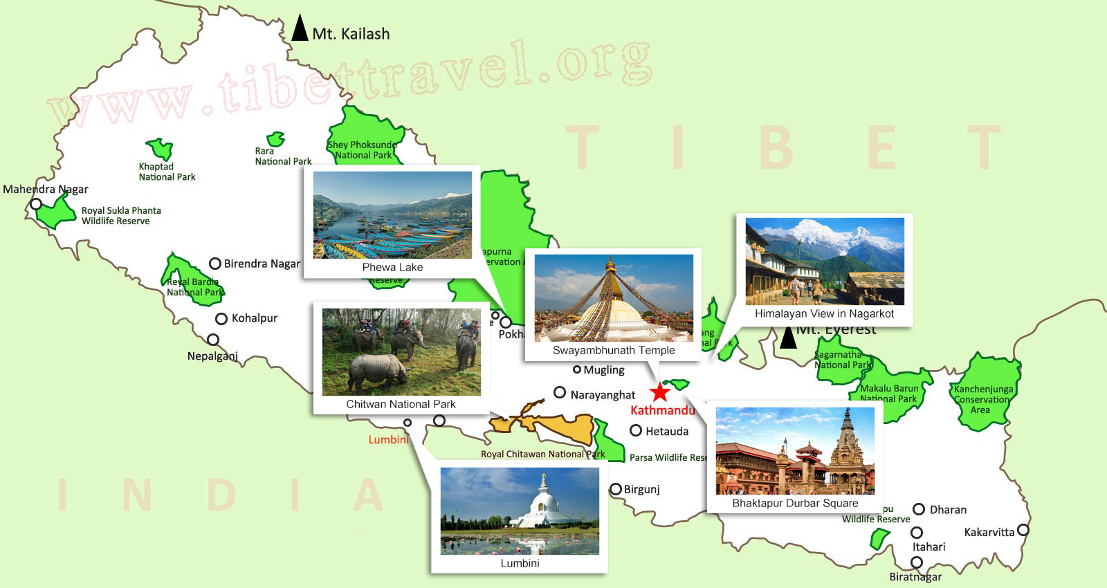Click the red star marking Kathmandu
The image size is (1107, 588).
660,392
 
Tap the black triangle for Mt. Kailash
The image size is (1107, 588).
300,30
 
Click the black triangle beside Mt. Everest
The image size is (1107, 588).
788,338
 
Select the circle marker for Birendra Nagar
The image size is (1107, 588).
215,264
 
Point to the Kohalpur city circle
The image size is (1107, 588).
221,319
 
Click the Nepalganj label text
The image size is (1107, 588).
212,356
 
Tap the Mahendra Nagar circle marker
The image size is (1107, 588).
36,204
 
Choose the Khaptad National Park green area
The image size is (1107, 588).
160,148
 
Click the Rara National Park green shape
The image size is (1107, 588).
276,139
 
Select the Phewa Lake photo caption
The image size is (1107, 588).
392,267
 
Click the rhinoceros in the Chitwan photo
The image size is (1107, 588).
378,370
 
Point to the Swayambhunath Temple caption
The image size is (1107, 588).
614,350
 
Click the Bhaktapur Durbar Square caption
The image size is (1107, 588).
795,503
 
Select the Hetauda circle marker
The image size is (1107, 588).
636,431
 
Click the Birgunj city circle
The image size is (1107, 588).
616,489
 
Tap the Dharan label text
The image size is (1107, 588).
948,510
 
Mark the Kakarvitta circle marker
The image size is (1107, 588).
1023,531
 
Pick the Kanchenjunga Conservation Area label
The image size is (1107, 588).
983,399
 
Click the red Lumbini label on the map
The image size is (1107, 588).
388,439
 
